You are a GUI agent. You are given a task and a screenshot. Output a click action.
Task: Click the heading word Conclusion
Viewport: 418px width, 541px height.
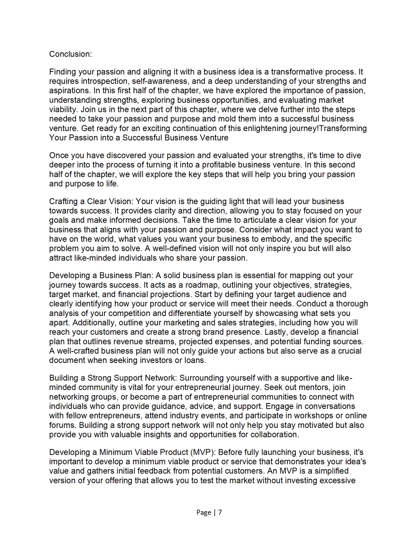pyautogui.click(x=70, y=54)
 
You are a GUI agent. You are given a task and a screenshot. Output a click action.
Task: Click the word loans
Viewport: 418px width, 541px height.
pyautogui.click(x=195, y=360)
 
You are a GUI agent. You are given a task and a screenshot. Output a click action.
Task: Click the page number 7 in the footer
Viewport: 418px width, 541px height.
pyautogui.click(x=220, y=512)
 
